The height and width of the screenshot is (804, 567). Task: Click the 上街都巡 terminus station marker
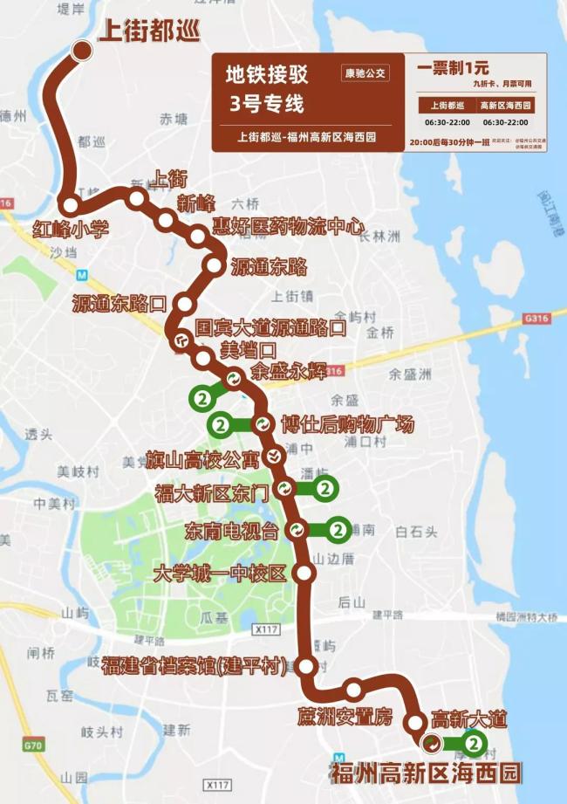point(83,51)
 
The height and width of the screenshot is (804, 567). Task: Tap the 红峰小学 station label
point(71,230)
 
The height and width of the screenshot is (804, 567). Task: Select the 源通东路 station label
point(269,267)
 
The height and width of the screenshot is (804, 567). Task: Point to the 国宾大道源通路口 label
point(270,328)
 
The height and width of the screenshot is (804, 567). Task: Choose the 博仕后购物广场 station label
point(347,425)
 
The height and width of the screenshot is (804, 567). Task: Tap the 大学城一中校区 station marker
point(304,573)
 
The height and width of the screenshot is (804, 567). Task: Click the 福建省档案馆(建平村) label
point(195,666)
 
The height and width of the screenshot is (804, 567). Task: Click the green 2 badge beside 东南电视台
point(336,529)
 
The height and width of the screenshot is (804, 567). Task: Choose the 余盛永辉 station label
point(288,370)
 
